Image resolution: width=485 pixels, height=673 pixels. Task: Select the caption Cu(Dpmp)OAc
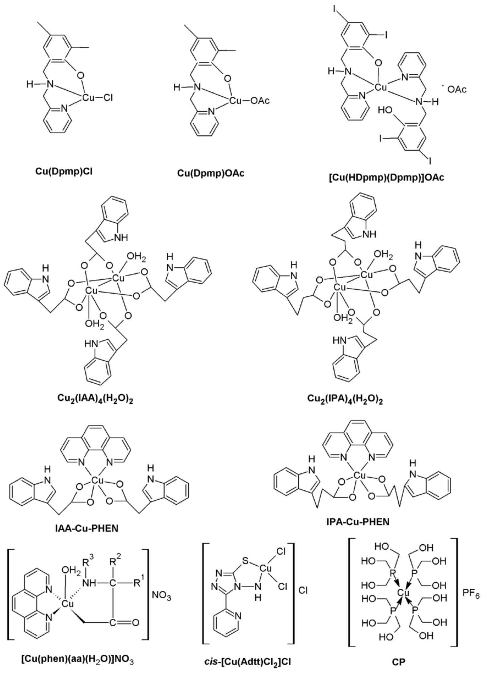pyautogui.click(x=211, y=173)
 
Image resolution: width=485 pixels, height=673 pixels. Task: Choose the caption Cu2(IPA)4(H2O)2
pyautogui.click(x=345, y=400)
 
